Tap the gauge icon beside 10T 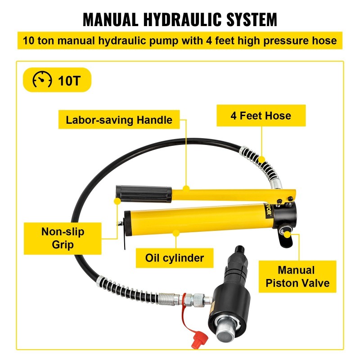click(x=42, y=81)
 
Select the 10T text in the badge click(x=68, y=81)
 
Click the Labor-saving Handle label click(x=119, y=120)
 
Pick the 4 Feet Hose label click(x=261, y=116)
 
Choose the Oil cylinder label click(x=174, y=258)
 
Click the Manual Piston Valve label click(x=297, y=276)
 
